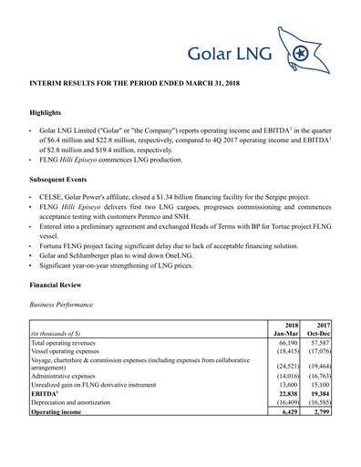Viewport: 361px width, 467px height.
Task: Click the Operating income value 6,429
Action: point(291,423)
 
